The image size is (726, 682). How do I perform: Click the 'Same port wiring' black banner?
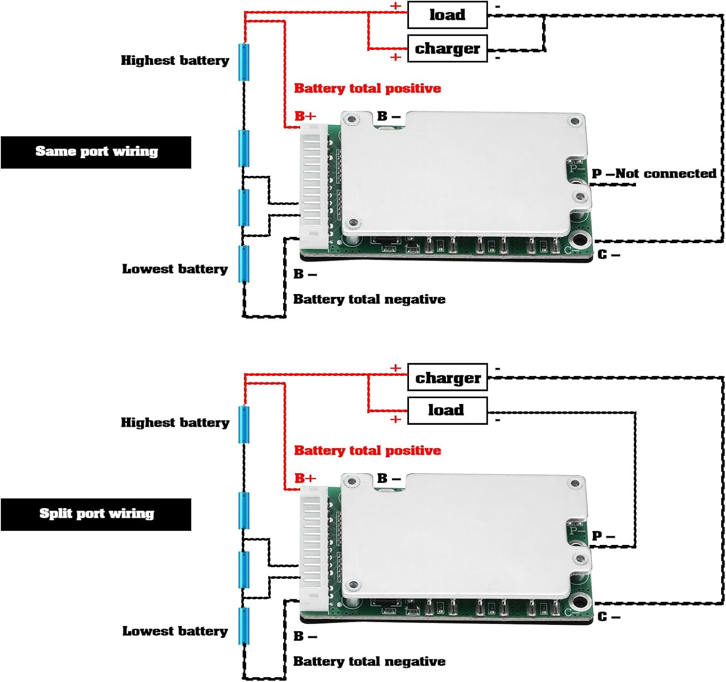[96, 152]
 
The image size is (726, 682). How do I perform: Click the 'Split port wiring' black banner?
[96, 514]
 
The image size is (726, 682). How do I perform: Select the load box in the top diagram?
[447, 15]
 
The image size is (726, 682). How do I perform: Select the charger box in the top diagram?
[447, 48]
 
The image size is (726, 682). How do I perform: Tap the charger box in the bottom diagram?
[447, 377]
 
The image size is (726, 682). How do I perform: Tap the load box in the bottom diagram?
[447, 410]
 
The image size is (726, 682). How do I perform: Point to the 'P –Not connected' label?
[654, 173]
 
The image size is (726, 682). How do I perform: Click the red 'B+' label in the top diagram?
[305, 116]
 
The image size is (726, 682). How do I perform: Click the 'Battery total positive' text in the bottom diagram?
[367, 450]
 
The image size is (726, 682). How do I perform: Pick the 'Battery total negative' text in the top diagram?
[369, 299]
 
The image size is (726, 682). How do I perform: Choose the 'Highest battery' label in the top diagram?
[175, 61]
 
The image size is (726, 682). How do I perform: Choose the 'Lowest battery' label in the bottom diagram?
[175, 631]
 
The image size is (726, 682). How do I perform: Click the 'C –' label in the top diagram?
[608, 255]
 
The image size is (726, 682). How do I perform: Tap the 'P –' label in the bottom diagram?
[603, 536]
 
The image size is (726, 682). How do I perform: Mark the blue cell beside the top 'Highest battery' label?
[244, 62]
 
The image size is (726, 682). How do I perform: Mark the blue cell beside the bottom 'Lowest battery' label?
[244, 626]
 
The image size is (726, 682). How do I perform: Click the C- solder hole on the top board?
[579, 240]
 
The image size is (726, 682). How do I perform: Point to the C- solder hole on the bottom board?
[579, 602]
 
